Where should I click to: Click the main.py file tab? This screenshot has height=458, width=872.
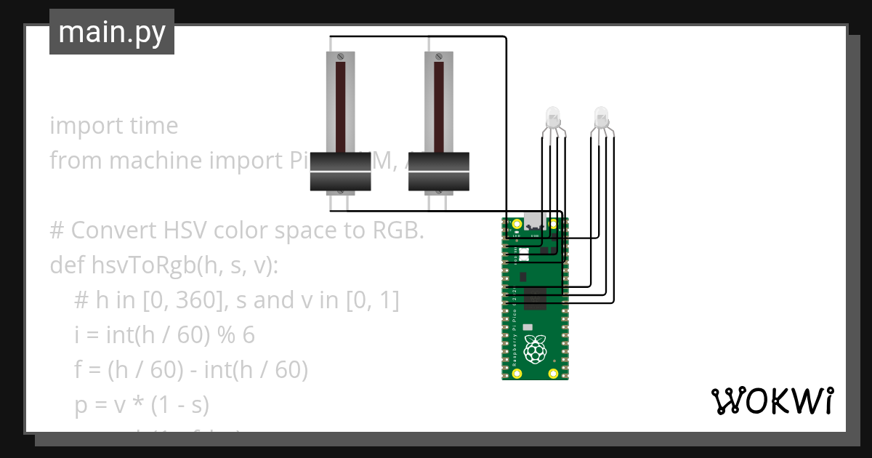111,32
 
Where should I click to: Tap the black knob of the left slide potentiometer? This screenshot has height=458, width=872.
341,172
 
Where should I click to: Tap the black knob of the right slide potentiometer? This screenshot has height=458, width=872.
439,172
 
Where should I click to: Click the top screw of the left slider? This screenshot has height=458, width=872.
340,57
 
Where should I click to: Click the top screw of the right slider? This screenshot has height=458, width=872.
438,57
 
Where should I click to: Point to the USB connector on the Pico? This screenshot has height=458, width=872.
534,220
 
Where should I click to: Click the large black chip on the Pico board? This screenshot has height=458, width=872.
536,297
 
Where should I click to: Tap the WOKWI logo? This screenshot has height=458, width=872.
772,401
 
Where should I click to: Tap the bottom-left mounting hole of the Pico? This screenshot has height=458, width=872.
517,374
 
